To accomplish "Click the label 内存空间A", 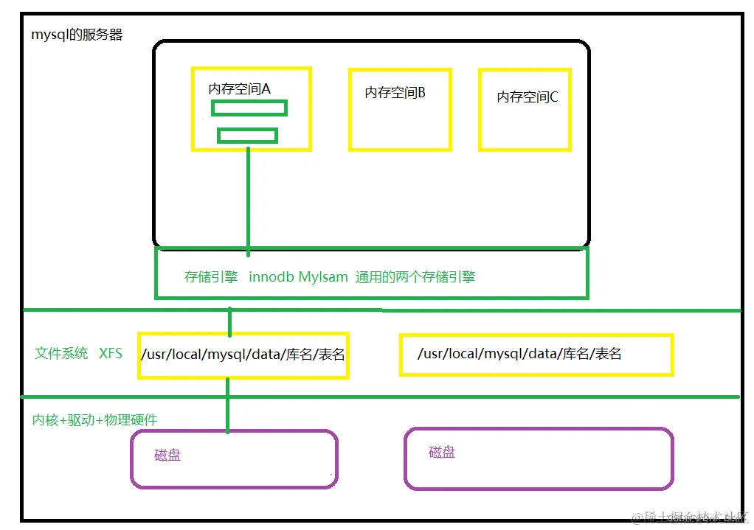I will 240,88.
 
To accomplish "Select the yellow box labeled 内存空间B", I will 400,109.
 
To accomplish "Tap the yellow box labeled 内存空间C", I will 525,109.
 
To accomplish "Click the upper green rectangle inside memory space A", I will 249,108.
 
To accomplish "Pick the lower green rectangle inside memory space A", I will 247,136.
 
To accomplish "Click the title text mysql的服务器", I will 77,35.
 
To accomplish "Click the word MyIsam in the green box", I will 323,277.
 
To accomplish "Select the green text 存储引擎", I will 211,277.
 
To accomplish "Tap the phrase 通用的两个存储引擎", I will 415,277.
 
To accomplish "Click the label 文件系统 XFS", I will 79,353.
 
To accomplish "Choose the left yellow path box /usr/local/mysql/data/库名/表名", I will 243,355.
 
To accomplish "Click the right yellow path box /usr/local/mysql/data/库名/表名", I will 536,355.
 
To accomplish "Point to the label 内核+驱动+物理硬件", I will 94,419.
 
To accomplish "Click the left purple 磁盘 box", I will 234,459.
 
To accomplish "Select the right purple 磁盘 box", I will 539,459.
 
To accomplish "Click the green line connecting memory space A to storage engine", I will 248,199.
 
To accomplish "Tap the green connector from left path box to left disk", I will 227,405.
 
